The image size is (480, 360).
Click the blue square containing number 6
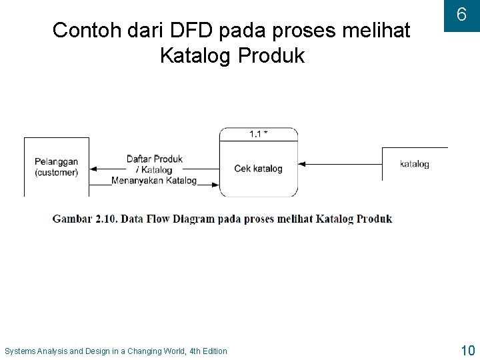(x=461, y=15)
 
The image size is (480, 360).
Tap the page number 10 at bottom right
(x=467, y=350)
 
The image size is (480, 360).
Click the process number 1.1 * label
(x=259, y=134)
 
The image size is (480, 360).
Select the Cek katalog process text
(x=259, y=169)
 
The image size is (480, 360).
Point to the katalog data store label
(x=414, y=164)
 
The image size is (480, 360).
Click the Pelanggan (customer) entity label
(x=56, y=167)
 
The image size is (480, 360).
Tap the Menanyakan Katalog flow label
(x=154, y=180)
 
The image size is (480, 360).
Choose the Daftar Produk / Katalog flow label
(x=155, y=164)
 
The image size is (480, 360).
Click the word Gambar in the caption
(x=72, y=219)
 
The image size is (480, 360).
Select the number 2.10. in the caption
(x=109, y=219)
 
